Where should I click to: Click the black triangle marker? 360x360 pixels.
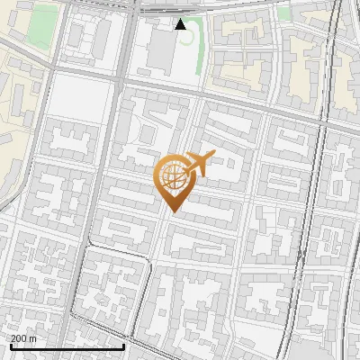(181, 24)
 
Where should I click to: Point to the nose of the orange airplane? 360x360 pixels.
(212, 154)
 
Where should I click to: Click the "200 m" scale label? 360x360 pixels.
(24, 337)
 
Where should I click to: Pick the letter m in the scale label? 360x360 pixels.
(33, 337)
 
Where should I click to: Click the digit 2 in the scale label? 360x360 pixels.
(14, 337)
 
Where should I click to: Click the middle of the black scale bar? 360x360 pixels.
(67, 346)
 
